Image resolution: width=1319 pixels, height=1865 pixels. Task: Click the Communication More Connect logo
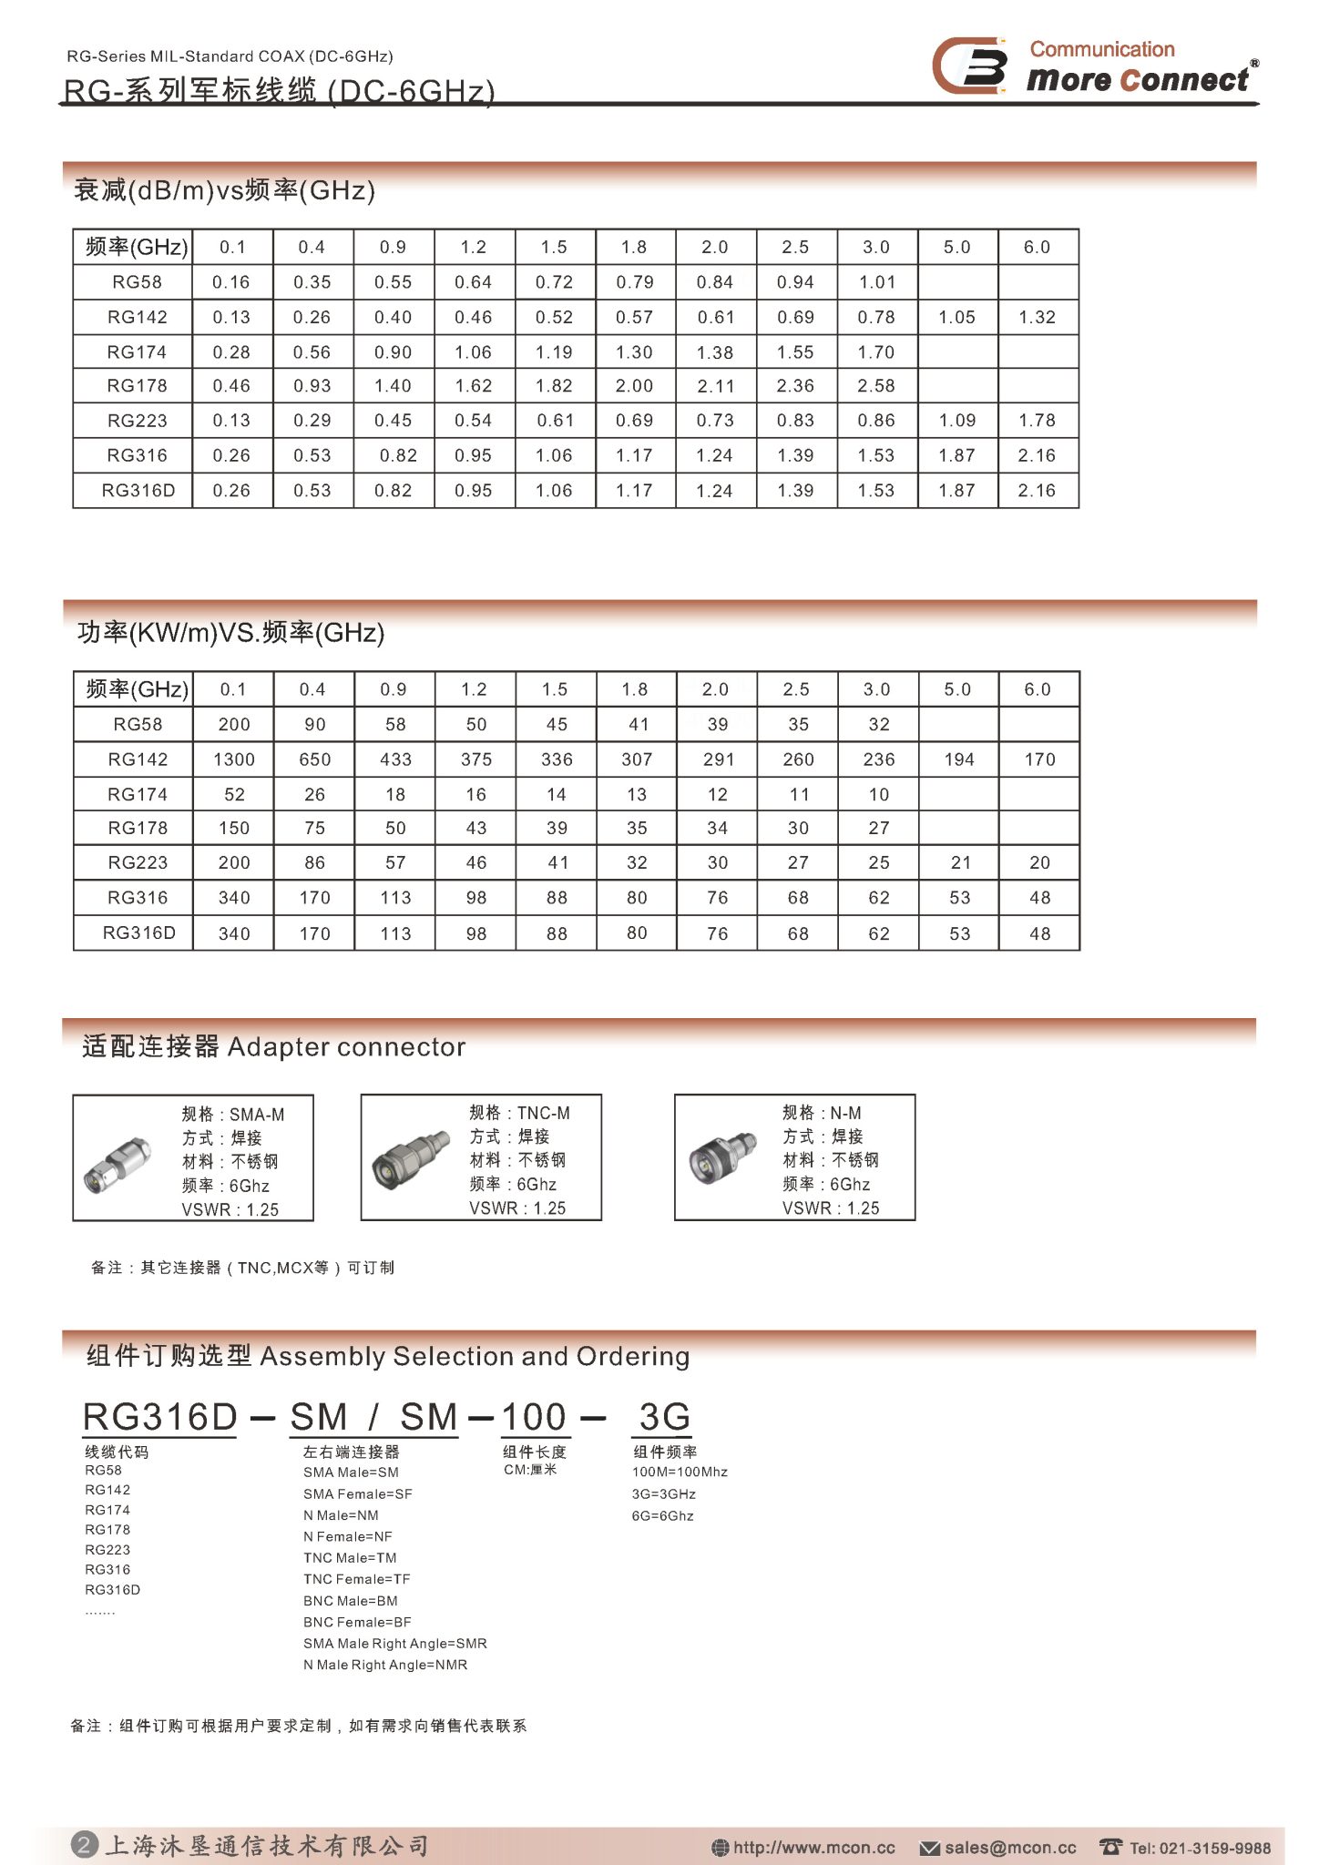click(1094, 66)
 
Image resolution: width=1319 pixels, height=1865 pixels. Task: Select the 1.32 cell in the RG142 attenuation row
click(1038, 317)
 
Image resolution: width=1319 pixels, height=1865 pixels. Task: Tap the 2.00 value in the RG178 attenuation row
click(634, 386)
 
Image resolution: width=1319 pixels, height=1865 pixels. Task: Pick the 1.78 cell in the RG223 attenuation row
click(1038, 421)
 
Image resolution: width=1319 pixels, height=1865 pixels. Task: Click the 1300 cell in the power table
click(233, 759)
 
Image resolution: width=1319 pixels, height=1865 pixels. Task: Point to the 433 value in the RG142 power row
click(395, 759)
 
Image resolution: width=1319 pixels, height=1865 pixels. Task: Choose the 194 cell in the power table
click(959, 759)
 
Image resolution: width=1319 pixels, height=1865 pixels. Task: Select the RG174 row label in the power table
click(137, 794)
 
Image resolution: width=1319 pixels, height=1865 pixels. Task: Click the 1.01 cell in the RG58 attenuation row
click(877, 282)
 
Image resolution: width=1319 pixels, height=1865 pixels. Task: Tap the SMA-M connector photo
click(119, 1164)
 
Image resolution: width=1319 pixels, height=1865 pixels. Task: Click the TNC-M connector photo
click(411, 1158)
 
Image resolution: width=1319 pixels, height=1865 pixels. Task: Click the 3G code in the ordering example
click(664, 1417)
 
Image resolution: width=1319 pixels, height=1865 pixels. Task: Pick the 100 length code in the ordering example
click(534, 1417)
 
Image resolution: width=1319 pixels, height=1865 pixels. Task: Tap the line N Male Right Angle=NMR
click(385, 1665)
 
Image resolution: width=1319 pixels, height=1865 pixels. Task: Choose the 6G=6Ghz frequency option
click(662, 1515)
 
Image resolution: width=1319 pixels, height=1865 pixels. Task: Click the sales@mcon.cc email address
click(1009, 1848)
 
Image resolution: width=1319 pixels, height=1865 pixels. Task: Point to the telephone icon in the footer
click(1110, 1847)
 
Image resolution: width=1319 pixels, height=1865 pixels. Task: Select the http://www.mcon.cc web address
click(813, 1848)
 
